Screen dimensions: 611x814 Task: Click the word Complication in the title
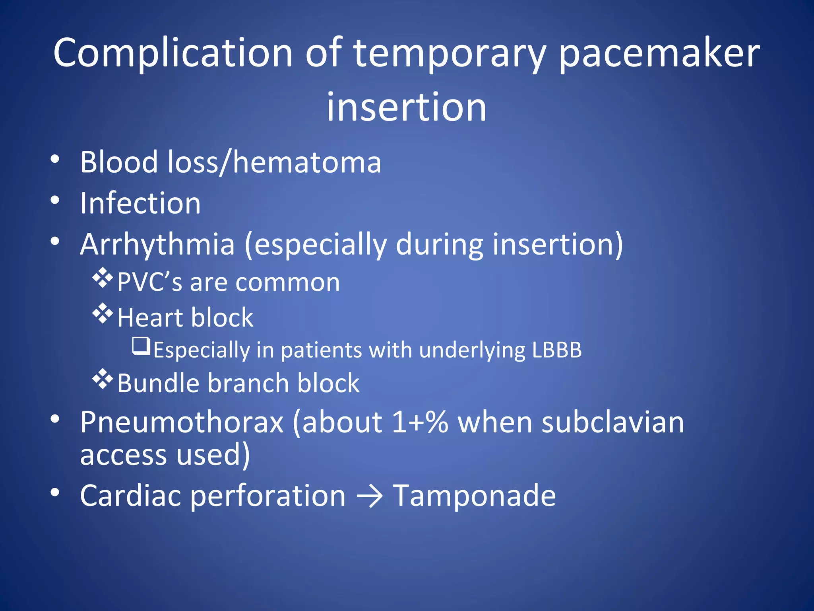coord(173,54)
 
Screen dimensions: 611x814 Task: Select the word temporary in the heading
coord(449,54)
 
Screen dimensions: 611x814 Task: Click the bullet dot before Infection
coord(55,200)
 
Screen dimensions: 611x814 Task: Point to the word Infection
coord(140,203)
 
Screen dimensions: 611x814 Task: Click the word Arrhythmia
coord(157,245)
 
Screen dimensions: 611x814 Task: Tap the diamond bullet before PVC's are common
coord(103,278)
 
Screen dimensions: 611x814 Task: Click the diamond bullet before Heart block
coord(103,313)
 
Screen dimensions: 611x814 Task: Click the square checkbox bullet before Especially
coord(141,346)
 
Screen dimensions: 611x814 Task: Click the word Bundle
coord(158,383)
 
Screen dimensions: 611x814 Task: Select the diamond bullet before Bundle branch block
coord(103,379)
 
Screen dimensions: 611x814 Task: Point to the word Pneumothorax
coord(182,422)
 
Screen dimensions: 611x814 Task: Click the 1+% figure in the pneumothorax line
coord(420,422)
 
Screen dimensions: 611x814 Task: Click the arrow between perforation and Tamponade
coord(369,497)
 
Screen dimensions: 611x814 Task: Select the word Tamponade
coord(474,496)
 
